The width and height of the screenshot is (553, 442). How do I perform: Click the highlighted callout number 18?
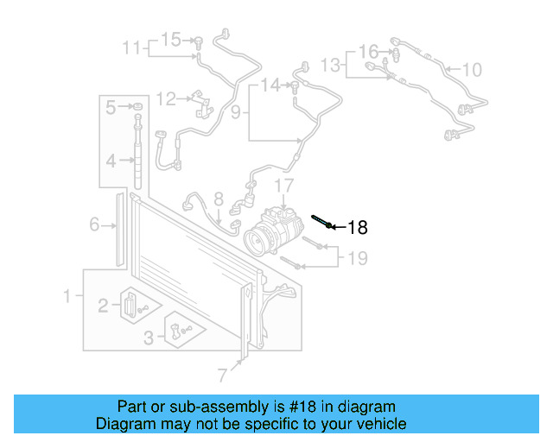tap(358, 228)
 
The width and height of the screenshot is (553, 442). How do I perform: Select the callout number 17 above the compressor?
tap(285, 186)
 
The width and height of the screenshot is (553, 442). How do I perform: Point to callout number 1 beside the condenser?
tap(67, 297)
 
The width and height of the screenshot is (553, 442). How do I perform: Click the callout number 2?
tap(103, 304)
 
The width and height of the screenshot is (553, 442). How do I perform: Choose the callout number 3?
tap(149, 337)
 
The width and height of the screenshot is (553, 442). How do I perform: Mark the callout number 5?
tap(110, 107)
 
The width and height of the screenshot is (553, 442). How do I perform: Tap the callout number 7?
tap(222, 375)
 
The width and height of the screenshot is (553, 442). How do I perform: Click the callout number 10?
tap(472, 69)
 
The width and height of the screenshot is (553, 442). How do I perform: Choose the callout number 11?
tap(130, 47)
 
